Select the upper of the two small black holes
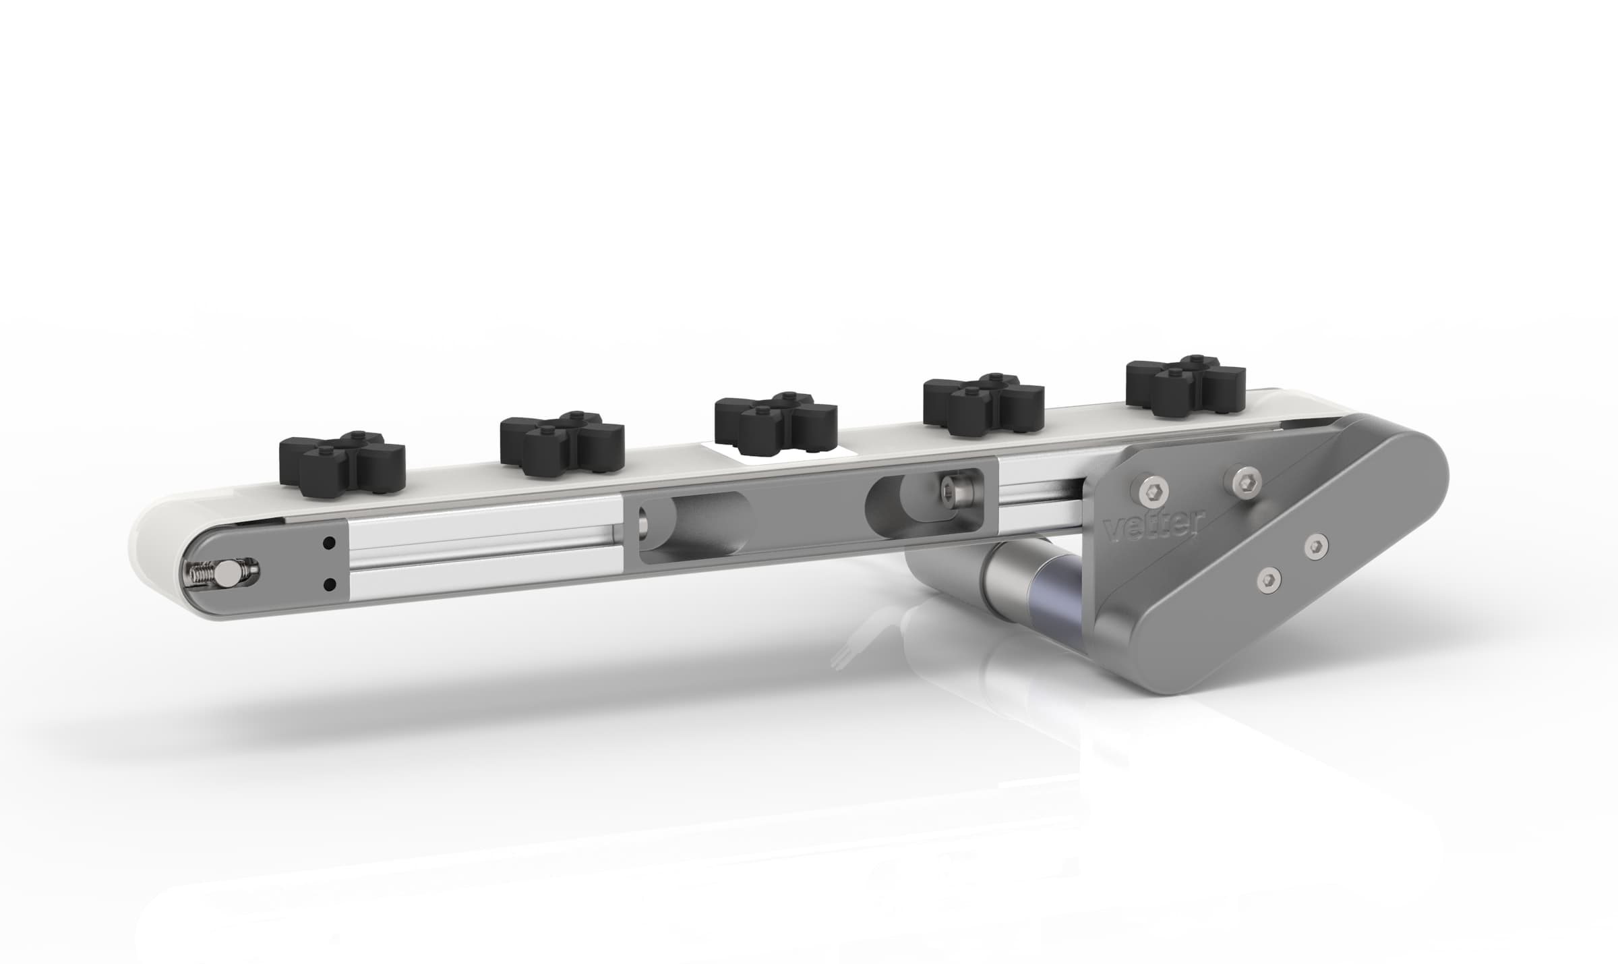pyautogui.click(x=330, y=542)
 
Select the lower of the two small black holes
pyautogui.click(x=330, y=583)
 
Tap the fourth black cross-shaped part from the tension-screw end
pyautogui.click(x=984, y=405)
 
